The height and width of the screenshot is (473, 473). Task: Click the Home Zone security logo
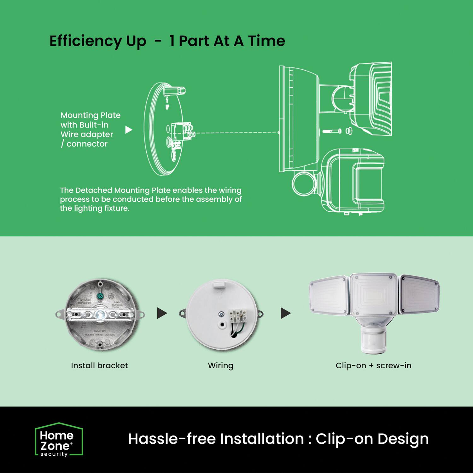(59, 440)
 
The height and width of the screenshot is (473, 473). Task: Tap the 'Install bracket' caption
(99, 365)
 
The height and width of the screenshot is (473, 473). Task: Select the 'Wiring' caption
(221, 366)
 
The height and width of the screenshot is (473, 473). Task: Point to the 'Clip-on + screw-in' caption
(373, 365)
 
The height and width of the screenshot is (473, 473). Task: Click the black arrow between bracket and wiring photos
(162, 313)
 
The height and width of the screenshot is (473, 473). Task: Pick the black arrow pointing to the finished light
(285, 313)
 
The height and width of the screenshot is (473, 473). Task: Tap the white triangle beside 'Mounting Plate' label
(129, 130)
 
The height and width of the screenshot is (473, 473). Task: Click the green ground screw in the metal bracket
(100, 296)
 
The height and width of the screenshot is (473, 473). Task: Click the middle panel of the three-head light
(374, 295)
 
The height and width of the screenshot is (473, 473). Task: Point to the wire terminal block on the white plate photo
(237, 315)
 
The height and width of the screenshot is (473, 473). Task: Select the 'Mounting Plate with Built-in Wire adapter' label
(91, 130)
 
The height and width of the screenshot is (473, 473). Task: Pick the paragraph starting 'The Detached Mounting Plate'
(151, 199)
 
